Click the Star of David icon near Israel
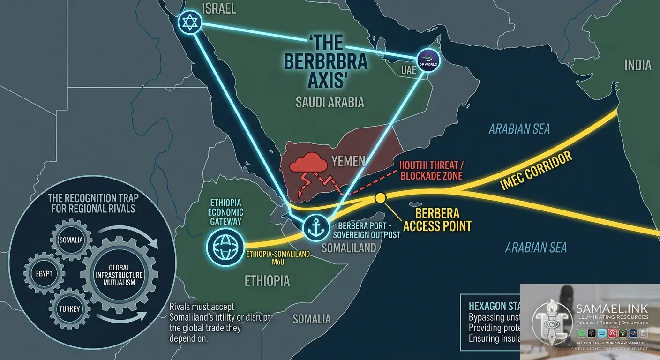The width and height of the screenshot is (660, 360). coord(189,22)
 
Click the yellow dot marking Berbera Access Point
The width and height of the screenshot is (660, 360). coord(380,198)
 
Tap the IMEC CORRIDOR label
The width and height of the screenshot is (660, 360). coord(537,171)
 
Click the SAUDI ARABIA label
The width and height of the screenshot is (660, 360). coord(330,102)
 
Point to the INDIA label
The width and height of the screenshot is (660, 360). coord(637,65)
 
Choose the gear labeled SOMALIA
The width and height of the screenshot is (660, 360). coord(71,240)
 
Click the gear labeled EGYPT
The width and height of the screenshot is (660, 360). coord(43,273)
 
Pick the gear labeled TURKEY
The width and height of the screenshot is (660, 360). coord(69,309)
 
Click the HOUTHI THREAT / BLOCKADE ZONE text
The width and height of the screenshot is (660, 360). coord(431,171)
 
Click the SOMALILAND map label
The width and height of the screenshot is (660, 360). coord(349,247)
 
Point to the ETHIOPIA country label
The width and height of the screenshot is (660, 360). coord(267,280)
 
